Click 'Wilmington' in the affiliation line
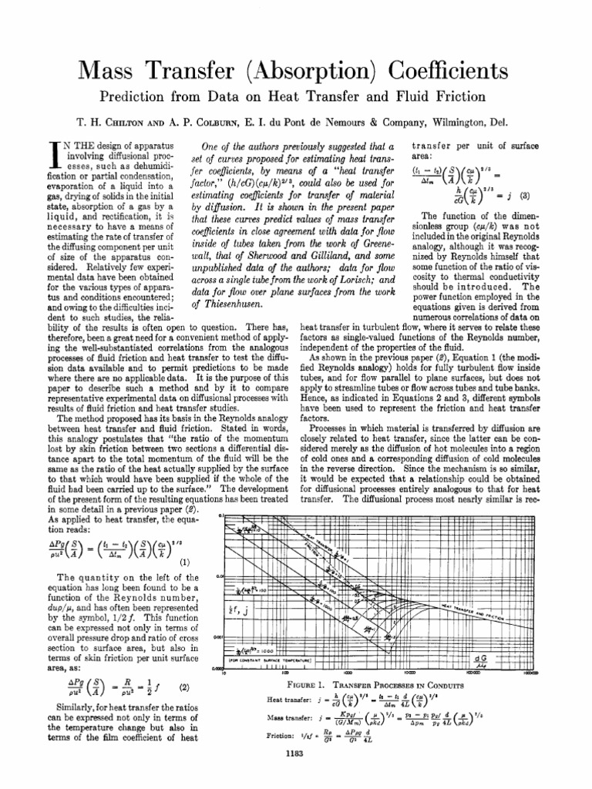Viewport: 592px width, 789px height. (469, 124)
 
